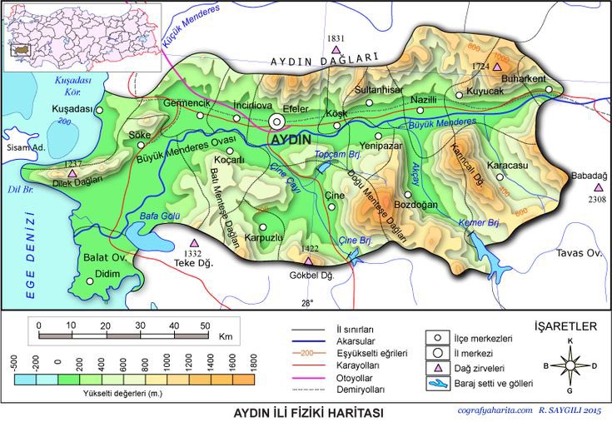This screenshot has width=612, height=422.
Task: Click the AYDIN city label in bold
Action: (x=291, y=140)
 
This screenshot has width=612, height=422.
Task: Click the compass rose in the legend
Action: (x=570, y=365)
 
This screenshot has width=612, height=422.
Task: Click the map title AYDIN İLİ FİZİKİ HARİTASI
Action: (x=306, y=412)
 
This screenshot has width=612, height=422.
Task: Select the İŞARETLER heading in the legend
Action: (x=565, y=325)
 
